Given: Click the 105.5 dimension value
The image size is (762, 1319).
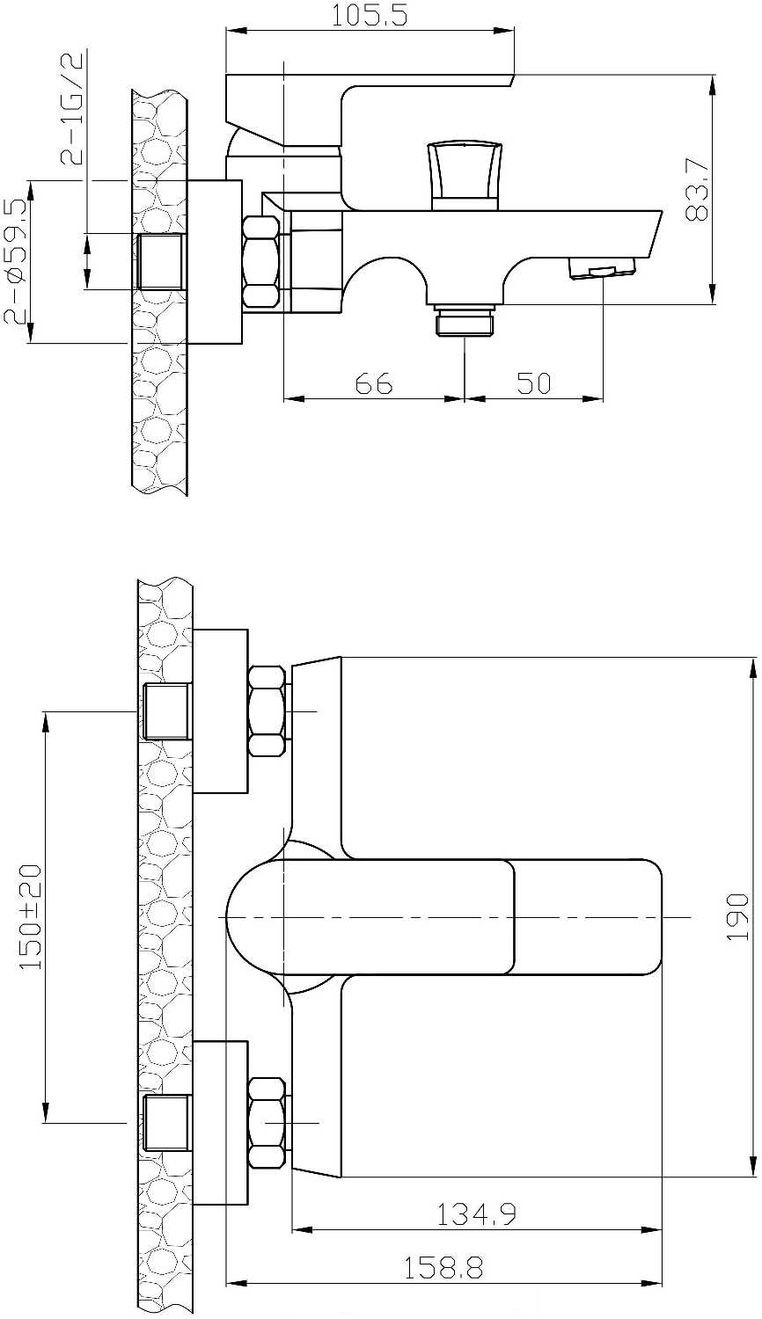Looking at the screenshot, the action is (x=369, y=15).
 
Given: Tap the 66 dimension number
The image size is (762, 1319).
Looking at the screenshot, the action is (x=374, y=383).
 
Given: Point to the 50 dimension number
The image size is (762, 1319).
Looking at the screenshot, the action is (x=534, y=383).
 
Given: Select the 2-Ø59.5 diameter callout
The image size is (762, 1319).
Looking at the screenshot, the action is (x=16, y=261).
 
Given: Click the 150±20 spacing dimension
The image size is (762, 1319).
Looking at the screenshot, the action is (x=31, y=916).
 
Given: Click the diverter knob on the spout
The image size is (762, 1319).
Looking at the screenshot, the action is (x=465, y=176).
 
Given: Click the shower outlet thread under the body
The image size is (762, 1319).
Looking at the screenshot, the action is (x=465, y=320).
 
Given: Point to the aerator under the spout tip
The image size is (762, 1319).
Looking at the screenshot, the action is (x=602, y=268).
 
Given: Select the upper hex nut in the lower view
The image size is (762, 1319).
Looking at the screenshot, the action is (x=267, y=711).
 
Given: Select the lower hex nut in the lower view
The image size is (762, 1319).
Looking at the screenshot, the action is (x=267, y=1124).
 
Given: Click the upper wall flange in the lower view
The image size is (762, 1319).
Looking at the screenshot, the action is (x=220, y=711).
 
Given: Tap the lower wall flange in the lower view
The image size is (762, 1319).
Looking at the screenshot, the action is (x=220, y=1124).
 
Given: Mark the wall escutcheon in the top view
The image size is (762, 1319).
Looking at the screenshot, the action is (x=215, y=261).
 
